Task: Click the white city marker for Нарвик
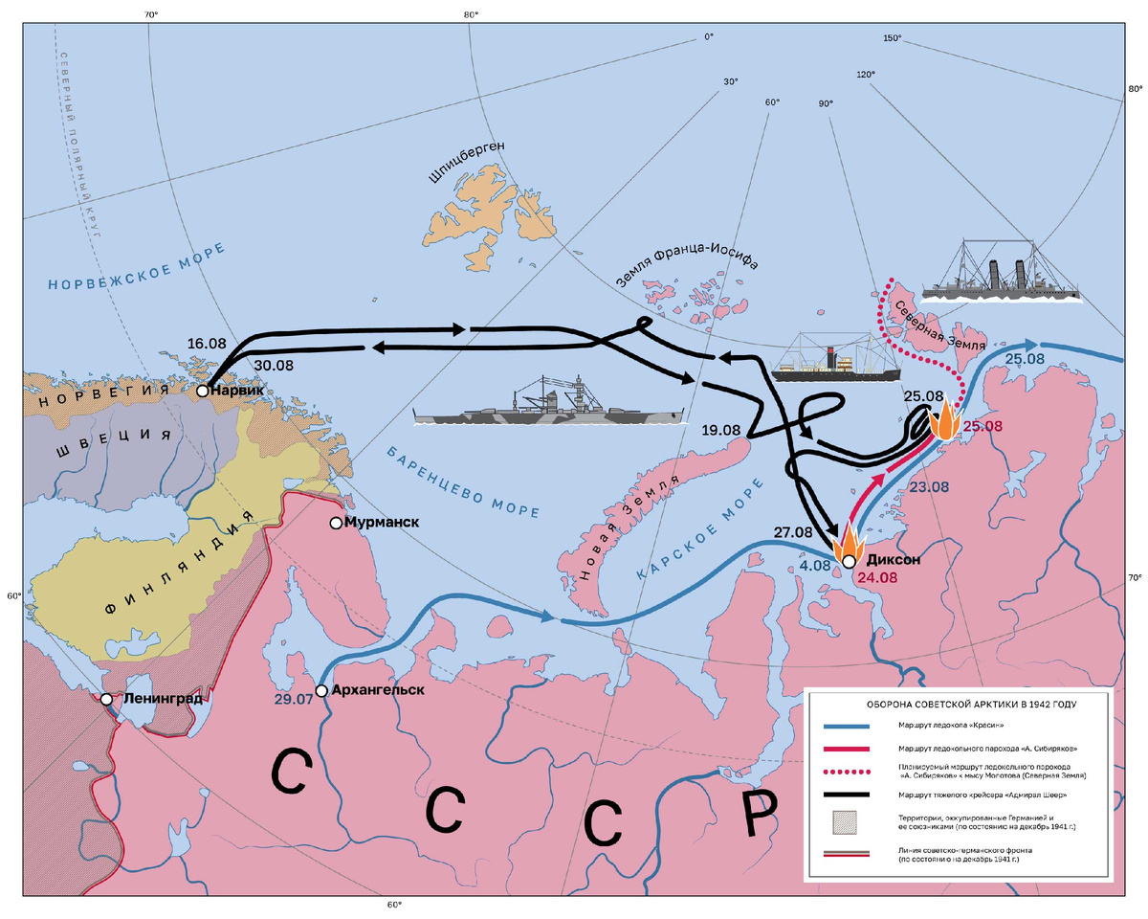tap(203, 391)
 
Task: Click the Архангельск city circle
tap(321, 690)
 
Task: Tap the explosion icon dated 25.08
tap(946, 421)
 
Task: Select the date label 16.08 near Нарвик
tap(207, 343)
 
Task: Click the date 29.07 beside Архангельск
tap(296, 700)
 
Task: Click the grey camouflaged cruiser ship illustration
tap(549, 405)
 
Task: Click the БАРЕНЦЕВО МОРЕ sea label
tap(463, 480)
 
